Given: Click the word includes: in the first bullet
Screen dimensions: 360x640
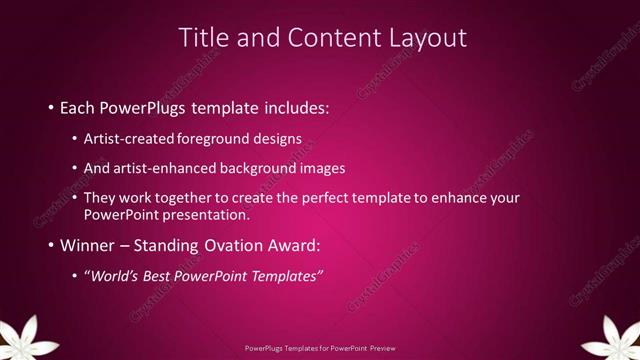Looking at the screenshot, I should pyautogui.click(x=294, y=106).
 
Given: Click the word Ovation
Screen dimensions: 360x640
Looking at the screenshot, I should pyautogui.click(x=230, y=245).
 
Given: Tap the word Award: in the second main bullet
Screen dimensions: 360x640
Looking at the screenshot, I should pyautogui.click(x=292, y=245).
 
